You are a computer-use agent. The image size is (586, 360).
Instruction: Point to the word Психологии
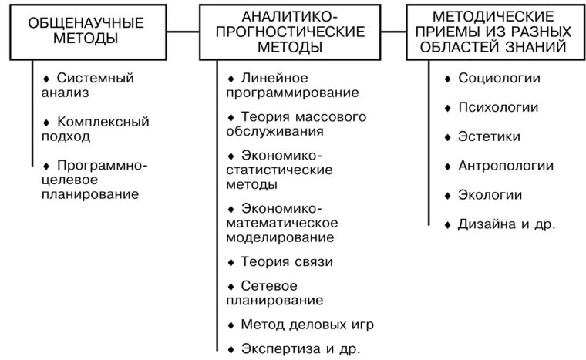[498, 107]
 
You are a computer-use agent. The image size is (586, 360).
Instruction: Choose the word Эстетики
[489, 136]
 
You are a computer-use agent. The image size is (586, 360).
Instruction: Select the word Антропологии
[506, 166]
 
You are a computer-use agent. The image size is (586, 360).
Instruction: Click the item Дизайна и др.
[507, 224]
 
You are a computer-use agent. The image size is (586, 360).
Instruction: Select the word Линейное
[274, 78]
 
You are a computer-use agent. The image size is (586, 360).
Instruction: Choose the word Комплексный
[103, 122]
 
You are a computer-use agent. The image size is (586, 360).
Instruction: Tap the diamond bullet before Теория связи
[231, 262]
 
